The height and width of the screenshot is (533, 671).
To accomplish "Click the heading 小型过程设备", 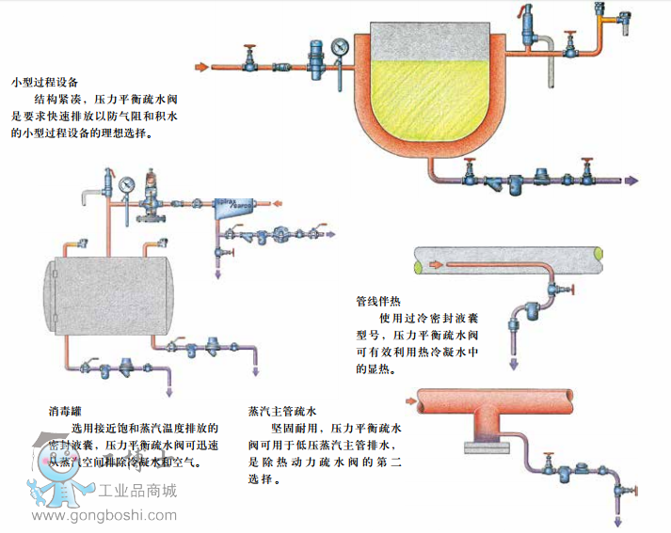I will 44,82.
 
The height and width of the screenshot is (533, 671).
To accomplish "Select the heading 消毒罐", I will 67,411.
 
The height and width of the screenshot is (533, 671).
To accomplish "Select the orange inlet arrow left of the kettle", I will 200,67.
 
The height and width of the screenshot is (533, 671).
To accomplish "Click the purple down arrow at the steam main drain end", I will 617,523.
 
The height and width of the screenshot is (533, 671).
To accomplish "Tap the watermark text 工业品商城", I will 137,490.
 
